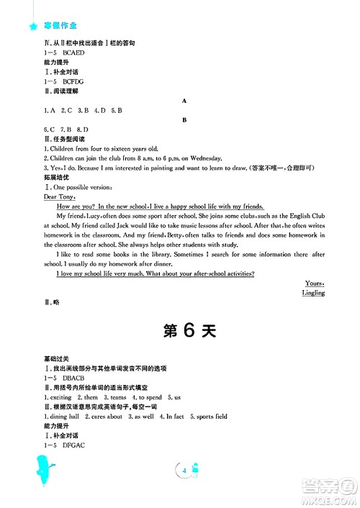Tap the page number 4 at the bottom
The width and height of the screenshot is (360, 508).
tap(186, 471)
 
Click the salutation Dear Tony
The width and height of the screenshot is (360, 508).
tap(59, 196)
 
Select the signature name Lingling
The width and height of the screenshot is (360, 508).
tap(312, 293)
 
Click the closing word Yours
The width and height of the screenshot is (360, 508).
tap(315, 284)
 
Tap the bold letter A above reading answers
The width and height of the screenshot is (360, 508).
tap(185, 101)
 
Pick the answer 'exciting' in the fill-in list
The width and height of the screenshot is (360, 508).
tap(60, 397)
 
